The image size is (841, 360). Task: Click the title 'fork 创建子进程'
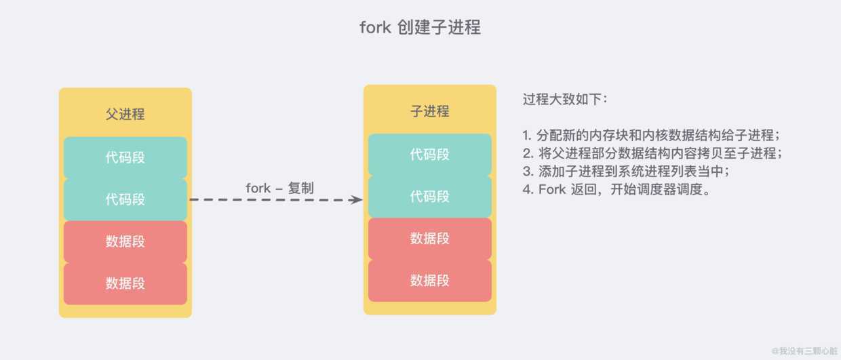coord(420,27)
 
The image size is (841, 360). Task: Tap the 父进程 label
coord(125,114)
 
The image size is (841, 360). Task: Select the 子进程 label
coord(429,111)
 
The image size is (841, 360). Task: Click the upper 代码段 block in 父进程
coord(125,157)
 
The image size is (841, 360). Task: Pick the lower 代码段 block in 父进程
coord(125,199)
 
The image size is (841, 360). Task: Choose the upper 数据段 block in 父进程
coord(125,241)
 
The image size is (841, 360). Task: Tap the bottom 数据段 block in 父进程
coord(125,283)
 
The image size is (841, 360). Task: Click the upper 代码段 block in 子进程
coord(429,155)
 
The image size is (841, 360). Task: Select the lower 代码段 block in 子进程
coord(429,197)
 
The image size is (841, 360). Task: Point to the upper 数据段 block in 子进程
coord(429,239)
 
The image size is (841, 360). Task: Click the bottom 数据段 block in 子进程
coord(429,281)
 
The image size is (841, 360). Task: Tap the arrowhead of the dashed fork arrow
coord(356,199)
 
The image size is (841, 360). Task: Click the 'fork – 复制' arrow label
coord(279,188)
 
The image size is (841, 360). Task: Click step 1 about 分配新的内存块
coord(651,135)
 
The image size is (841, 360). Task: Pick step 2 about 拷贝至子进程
coord(652,153)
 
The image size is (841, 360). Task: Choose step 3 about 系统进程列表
coord(626,171)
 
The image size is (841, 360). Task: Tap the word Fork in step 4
coord(552,189)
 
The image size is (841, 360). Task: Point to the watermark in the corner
coord(804,351)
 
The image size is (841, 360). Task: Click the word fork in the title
coord(375,27)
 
